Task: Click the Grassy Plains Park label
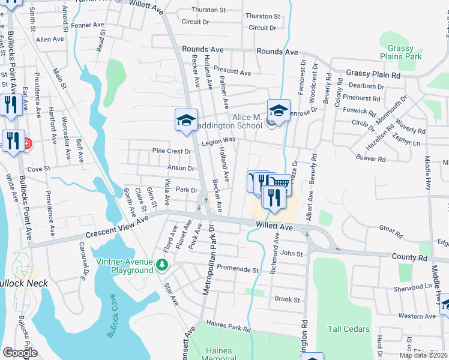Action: (400, 53)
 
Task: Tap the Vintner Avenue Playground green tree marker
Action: (161, 265)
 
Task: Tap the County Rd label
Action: (410, 257)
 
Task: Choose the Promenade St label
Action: (237, 269)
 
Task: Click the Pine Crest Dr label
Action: (171, 151)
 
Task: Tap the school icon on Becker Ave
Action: (186, 120)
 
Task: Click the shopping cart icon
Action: (280, 183)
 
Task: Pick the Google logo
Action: (20, 353)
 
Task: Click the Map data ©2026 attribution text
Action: (423, 355)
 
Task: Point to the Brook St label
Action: (287, 299)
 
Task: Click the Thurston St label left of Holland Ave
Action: (208, 10)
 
